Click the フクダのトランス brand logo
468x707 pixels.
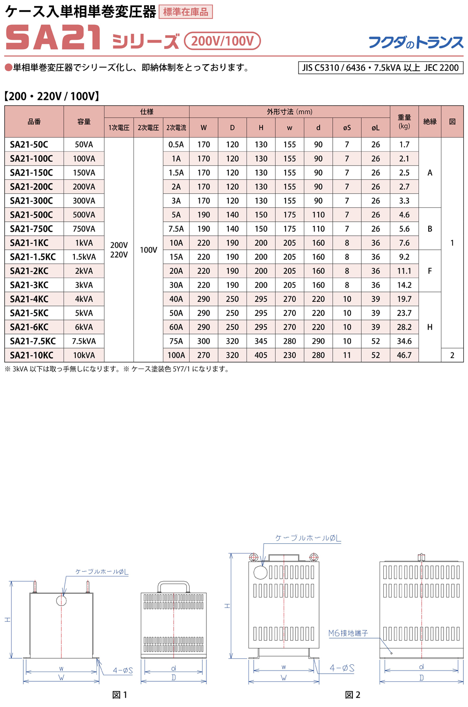point(416,43)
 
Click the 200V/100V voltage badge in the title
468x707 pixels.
point(222,41)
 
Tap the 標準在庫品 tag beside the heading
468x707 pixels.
point(186,12)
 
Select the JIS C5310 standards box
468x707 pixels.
point(380,68)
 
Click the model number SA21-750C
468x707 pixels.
point(31,229)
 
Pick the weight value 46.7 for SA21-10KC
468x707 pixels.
point(404,355)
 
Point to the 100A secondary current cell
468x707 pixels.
point(176,355)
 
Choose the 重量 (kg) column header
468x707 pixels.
point(404,121)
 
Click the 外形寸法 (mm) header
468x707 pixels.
point(289,112)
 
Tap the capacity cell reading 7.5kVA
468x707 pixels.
point(84,341)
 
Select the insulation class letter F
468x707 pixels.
point(430,271)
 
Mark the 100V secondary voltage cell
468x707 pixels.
point(148,250)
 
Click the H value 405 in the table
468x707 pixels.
point(261,355)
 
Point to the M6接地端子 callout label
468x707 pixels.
point(348,633)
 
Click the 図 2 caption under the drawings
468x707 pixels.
point(352,695)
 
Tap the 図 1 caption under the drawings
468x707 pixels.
point(120,695)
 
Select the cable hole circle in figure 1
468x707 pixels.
point(61,600)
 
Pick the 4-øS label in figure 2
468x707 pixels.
point(342,668)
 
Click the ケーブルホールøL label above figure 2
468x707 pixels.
point(308,538)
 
